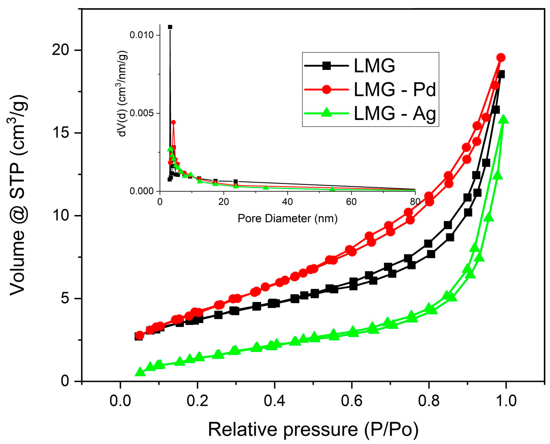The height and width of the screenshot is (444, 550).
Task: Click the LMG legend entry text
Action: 374,66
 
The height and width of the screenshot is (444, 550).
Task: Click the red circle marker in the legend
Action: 326,89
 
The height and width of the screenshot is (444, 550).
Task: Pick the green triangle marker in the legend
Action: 326,113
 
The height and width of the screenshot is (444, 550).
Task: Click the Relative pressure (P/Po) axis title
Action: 313,429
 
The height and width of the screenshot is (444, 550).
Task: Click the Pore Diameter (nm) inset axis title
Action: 287,218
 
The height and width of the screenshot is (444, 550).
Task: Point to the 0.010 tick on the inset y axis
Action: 141,35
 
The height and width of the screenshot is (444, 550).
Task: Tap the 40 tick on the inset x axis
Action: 287,202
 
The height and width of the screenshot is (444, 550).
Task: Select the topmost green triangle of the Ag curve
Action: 504,119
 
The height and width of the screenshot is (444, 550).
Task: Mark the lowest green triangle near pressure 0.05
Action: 140,372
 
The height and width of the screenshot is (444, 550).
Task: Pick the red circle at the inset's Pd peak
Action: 173,122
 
